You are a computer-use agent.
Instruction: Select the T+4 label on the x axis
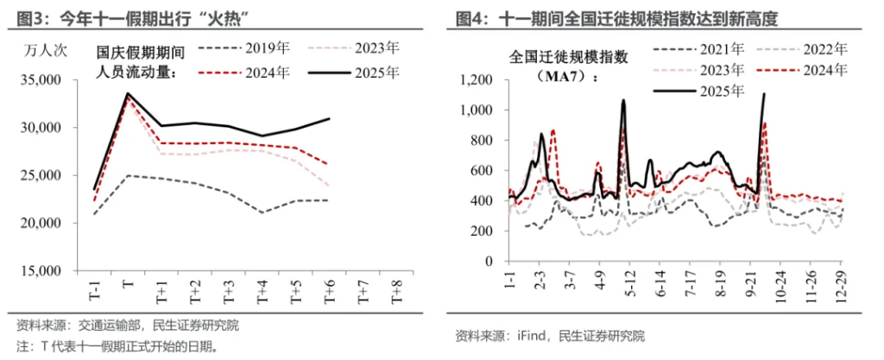click(262, 294)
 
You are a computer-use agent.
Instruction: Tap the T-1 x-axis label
click(94, 294)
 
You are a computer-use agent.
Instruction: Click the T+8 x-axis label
click(397, 294)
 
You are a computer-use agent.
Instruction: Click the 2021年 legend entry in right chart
click(699, 48)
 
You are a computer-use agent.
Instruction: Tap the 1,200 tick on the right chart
click(476, 80)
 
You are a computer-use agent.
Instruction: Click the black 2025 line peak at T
click(128, 93)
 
